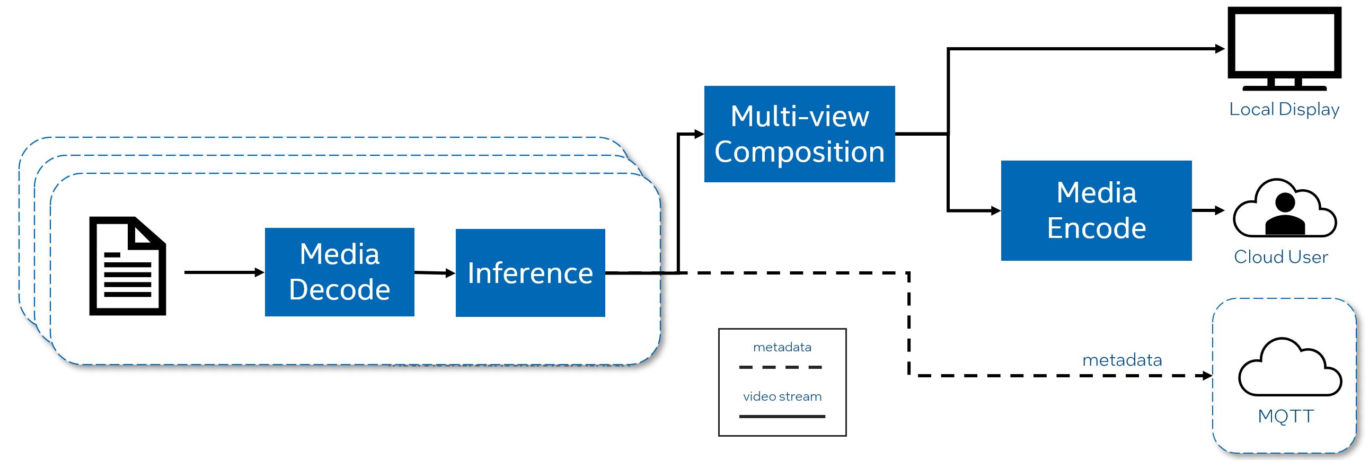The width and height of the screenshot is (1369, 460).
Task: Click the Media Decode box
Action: coord(339,272)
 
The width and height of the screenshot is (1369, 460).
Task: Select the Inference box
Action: coord(530,272)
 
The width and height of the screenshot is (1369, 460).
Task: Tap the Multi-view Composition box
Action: coord(799,134)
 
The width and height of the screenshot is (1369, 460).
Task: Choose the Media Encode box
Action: coord(1096,210)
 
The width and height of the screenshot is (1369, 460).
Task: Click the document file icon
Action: coord(128,266)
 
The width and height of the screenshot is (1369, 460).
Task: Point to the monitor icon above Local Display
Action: coord(1284,48)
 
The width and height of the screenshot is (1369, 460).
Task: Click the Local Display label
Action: coord(1284,109)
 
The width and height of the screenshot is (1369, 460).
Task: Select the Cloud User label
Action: coord(1280,257)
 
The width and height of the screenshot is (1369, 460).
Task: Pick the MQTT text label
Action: coord(1286,416)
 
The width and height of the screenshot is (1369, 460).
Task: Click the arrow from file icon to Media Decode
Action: coord(223,272)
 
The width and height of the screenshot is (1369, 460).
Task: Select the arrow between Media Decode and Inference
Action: coord(434,273)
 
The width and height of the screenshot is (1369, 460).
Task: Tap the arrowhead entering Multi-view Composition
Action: coord(699,134)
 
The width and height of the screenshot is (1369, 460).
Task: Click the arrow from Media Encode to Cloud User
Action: coord(1207,210)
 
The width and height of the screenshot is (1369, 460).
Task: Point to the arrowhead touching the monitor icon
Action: coord(1220,49)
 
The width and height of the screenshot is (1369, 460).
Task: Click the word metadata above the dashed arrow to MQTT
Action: coord(1122,360)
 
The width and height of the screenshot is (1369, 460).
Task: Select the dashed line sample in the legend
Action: coord(780,367)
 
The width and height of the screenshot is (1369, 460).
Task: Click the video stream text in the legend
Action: coord(782,396)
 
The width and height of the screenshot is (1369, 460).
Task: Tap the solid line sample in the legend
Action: coord(782,417)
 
